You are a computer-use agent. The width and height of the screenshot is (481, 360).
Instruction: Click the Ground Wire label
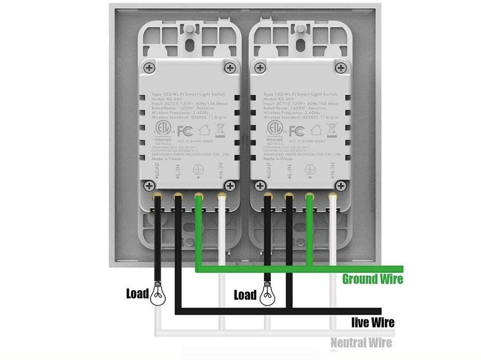[372, 279]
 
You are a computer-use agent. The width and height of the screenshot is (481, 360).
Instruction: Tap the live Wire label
[373, 322]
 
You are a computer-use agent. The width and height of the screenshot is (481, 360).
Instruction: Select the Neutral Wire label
[361, 343]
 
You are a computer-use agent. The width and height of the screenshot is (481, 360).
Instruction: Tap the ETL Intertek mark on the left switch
[162, 131]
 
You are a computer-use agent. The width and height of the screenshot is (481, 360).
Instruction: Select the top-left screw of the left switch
[150, 69]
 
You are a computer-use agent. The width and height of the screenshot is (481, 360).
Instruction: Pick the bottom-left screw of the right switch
[260, 186]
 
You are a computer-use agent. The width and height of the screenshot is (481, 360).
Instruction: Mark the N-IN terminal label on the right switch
[332, 171]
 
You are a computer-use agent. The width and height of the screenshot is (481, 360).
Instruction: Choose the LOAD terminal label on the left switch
[156, 171]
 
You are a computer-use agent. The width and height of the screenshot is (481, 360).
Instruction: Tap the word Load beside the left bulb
[137, 293]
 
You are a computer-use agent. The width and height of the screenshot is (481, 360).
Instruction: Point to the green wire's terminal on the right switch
[310, 196]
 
